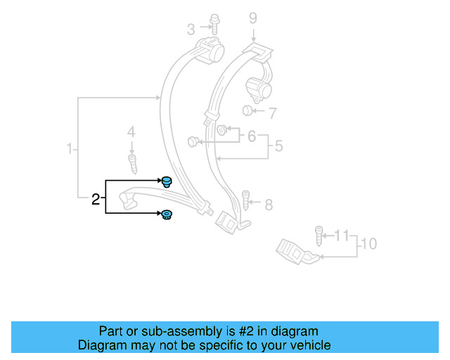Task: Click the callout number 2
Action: point(96,200)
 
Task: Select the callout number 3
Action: point(191,30)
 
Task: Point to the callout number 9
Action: point(253,18)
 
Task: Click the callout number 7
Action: point(273,111)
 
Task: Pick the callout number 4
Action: point(130,131)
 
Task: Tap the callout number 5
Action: point(278,146)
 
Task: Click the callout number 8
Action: point(268,205)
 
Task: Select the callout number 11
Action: point(341,234)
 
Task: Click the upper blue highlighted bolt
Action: point(167,182)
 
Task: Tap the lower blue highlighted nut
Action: point(167,214)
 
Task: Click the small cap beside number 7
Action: point(247,110)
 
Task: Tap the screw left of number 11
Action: point(319,234)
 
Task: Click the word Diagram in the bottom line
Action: point(102,345)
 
